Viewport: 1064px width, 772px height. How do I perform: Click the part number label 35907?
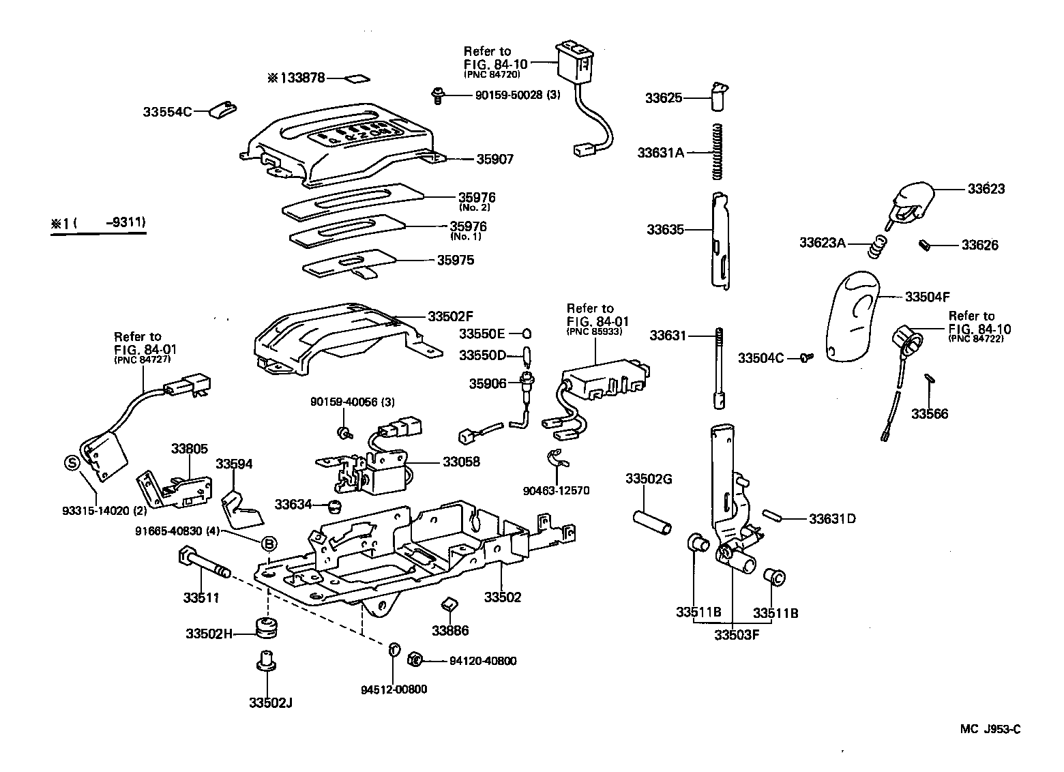pyautogui.click(x=494, y=160)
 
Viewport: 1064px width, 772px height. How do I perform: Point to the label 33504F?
pyautogui.click(x=927, y=297)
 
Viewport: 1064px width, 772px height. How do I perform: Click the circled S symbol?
pyautogui.click(x=72, y=463)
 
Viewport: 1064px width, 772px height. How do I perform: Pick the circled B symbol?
pyautogui.click(x=269, y=543)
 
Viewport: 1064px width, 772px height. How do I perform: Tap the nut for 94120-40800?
pyautogui.click(x=413, y=659)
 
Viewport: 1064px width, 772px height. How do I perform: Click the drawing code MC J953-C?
pyautogui.click(x=990, y=729)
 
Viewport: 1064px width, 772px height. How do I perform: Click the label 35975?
pyautogui.click(x=456, y=261)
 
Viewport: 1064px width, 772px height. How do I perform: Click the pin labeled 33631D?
pyautogui.click(x=775, y=516)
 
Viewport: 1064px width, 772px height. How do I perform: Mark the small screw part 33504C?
pyautogui.click(x=807, y=357)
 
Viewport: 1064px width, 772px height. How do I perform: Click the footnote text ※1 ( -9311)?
pyautogui.click(x=98, y=222)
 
